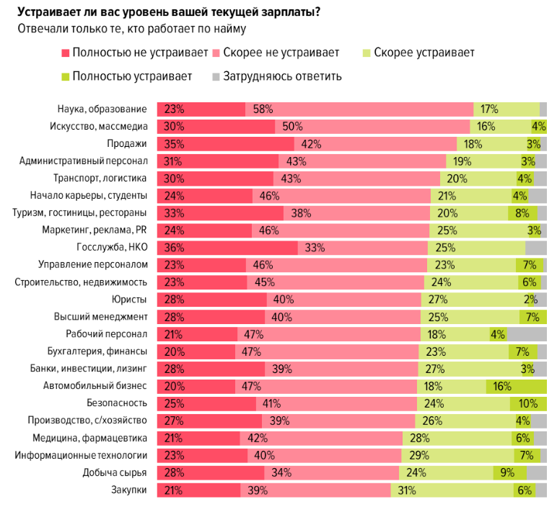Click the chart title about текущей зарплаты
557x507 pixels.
point(169,12)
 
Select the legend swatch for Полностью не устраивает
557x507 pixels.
point(66,53)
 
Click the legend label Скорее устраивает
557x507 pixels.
point(424,53)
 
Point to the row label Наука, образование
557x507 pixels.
point(102,109)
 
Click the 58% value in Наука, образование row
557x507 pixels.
point(263,109)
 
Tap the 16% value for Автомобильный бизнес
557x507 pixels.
point(503,385)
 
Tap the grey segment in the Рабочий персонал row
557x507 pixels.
point(527,333)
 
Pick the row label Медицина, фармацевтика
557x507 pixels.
point(90,437)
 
